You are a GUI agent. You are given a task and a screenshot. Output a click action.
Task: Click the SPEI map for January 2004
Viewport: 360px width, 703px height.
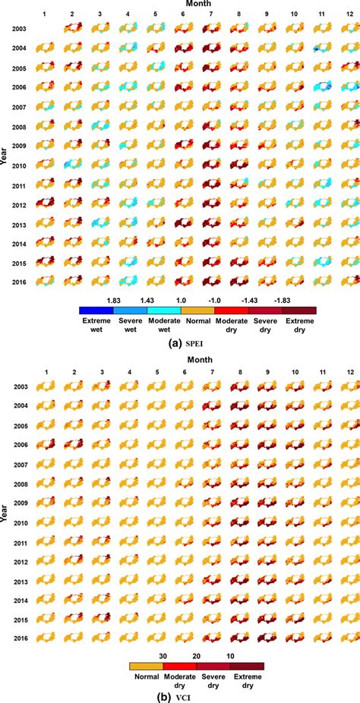tap(45, 47)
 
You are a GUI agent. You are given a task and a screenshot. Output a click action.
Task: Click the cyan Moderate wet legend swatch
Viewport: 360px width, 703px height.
tap(164, 310)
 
